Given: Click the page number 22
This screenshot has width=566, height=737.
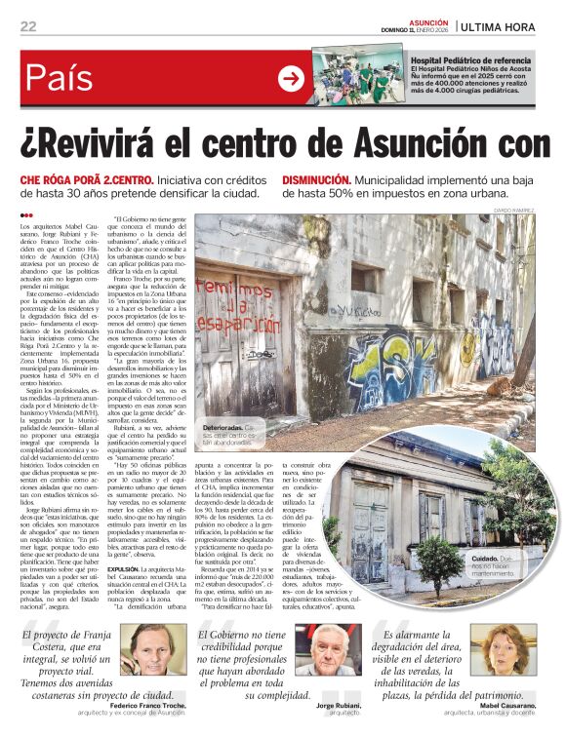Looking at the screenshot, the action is coord(27,25).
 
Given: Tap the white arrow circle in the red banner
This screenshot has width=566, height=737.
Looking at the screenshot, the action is coord(291,79).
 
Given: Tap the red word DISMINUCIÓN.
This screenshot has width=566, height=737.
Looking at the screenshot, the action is coord(316,180).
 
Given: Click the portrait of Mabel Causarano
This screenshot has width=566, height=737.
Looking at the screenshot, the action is coord(493,654).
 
